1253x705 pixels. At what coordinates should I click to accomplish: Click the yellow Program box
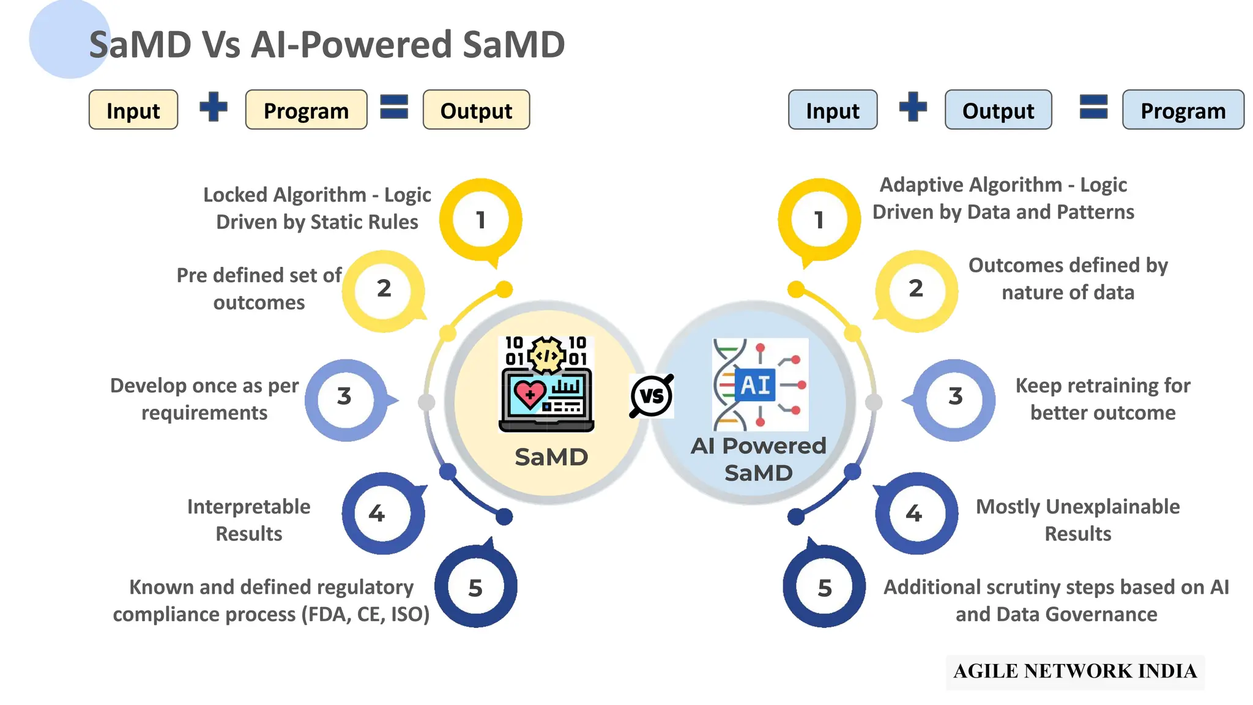pos(306,110)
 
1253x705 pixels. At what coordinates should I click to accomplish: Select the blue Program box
pos(1183,110)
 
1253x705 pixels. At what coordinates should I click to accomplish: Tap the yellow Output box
pos(476,110)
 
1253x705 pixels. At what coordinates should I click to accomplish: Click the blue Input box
pos(832,110)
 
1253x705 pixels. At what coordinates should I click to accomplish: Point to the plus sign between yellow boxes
pos(214,107)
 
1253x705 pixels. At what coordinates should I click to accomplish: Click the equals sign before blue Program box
pos(1093,107)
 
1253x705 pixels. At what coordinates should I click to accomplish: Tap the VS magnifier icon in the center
pos(652,396)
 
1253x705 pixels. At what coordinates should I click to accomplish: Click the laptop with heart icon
pos(546,384)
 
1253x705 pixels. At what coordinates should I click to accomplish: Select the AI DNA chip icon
pos(760,385)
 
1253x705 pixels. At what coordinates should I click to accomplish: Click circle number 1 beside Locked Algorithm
pos(481,220)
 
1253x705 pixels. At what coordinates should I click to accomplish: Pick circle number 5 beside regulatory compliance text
pos(475,588)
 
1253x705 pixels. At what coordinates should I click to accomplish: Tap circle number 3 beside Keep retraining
pos(955,397)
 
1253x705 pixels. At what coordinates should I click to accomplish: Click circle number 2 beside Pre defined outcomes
pos(384,289)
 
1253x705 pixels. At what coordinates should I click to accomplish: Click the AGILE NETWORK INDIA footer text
pos(1075,671)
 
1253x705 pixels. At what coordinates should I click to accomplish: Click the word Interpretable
pos(248,507)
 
